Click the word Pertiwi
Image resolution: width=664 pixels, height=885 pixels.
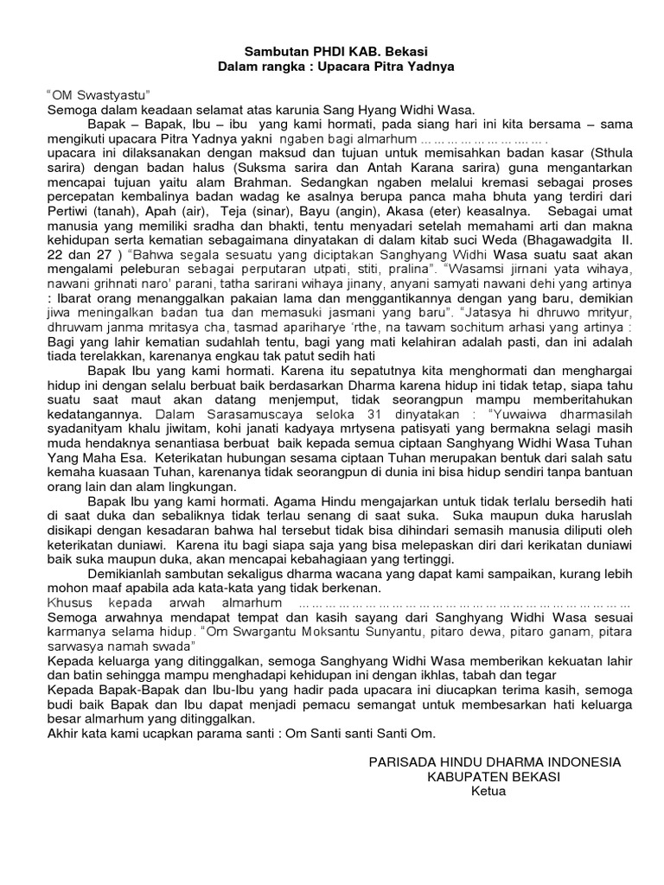pos(69,213)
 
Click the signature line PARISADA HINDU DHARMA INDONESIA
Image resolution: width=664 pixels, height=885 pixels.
pos(494,762)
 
